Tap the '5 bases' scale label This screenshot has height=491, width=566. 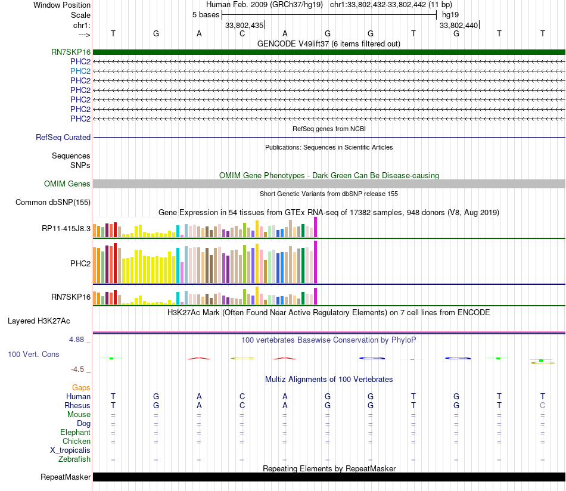tap(206, 15)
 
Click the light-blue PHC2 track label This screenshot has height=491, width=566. tap(80, 71)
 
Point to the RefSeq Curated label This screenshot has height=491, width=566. tap(63, 138)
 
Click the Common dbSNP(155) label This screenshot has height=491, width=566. tap(53, 203)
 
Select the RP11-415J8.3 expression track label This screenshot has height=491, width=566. tap(66, 228)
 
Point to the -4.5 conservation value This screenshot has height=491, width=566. tap(80, 369)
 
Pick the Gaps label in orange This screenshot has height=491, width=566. tap(81, 388)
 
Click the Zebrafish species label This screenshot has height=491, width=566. tap(74, 459)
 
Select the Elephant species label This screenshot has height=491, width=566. tap(75, 433)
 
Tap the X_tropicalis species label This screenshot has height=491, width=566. tap(70, 450)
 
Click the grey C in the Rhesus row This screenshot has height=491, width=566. tap(542, 406)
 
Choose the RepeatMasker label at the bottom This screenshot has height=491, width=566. tap(66, 477)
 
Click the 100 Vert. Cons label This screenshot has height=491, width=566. tap(33, 355)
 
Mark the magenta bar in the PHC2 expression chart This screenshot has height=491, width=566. tap(315, 262)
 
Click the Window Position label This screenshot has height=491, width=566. tap(62, 5)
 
